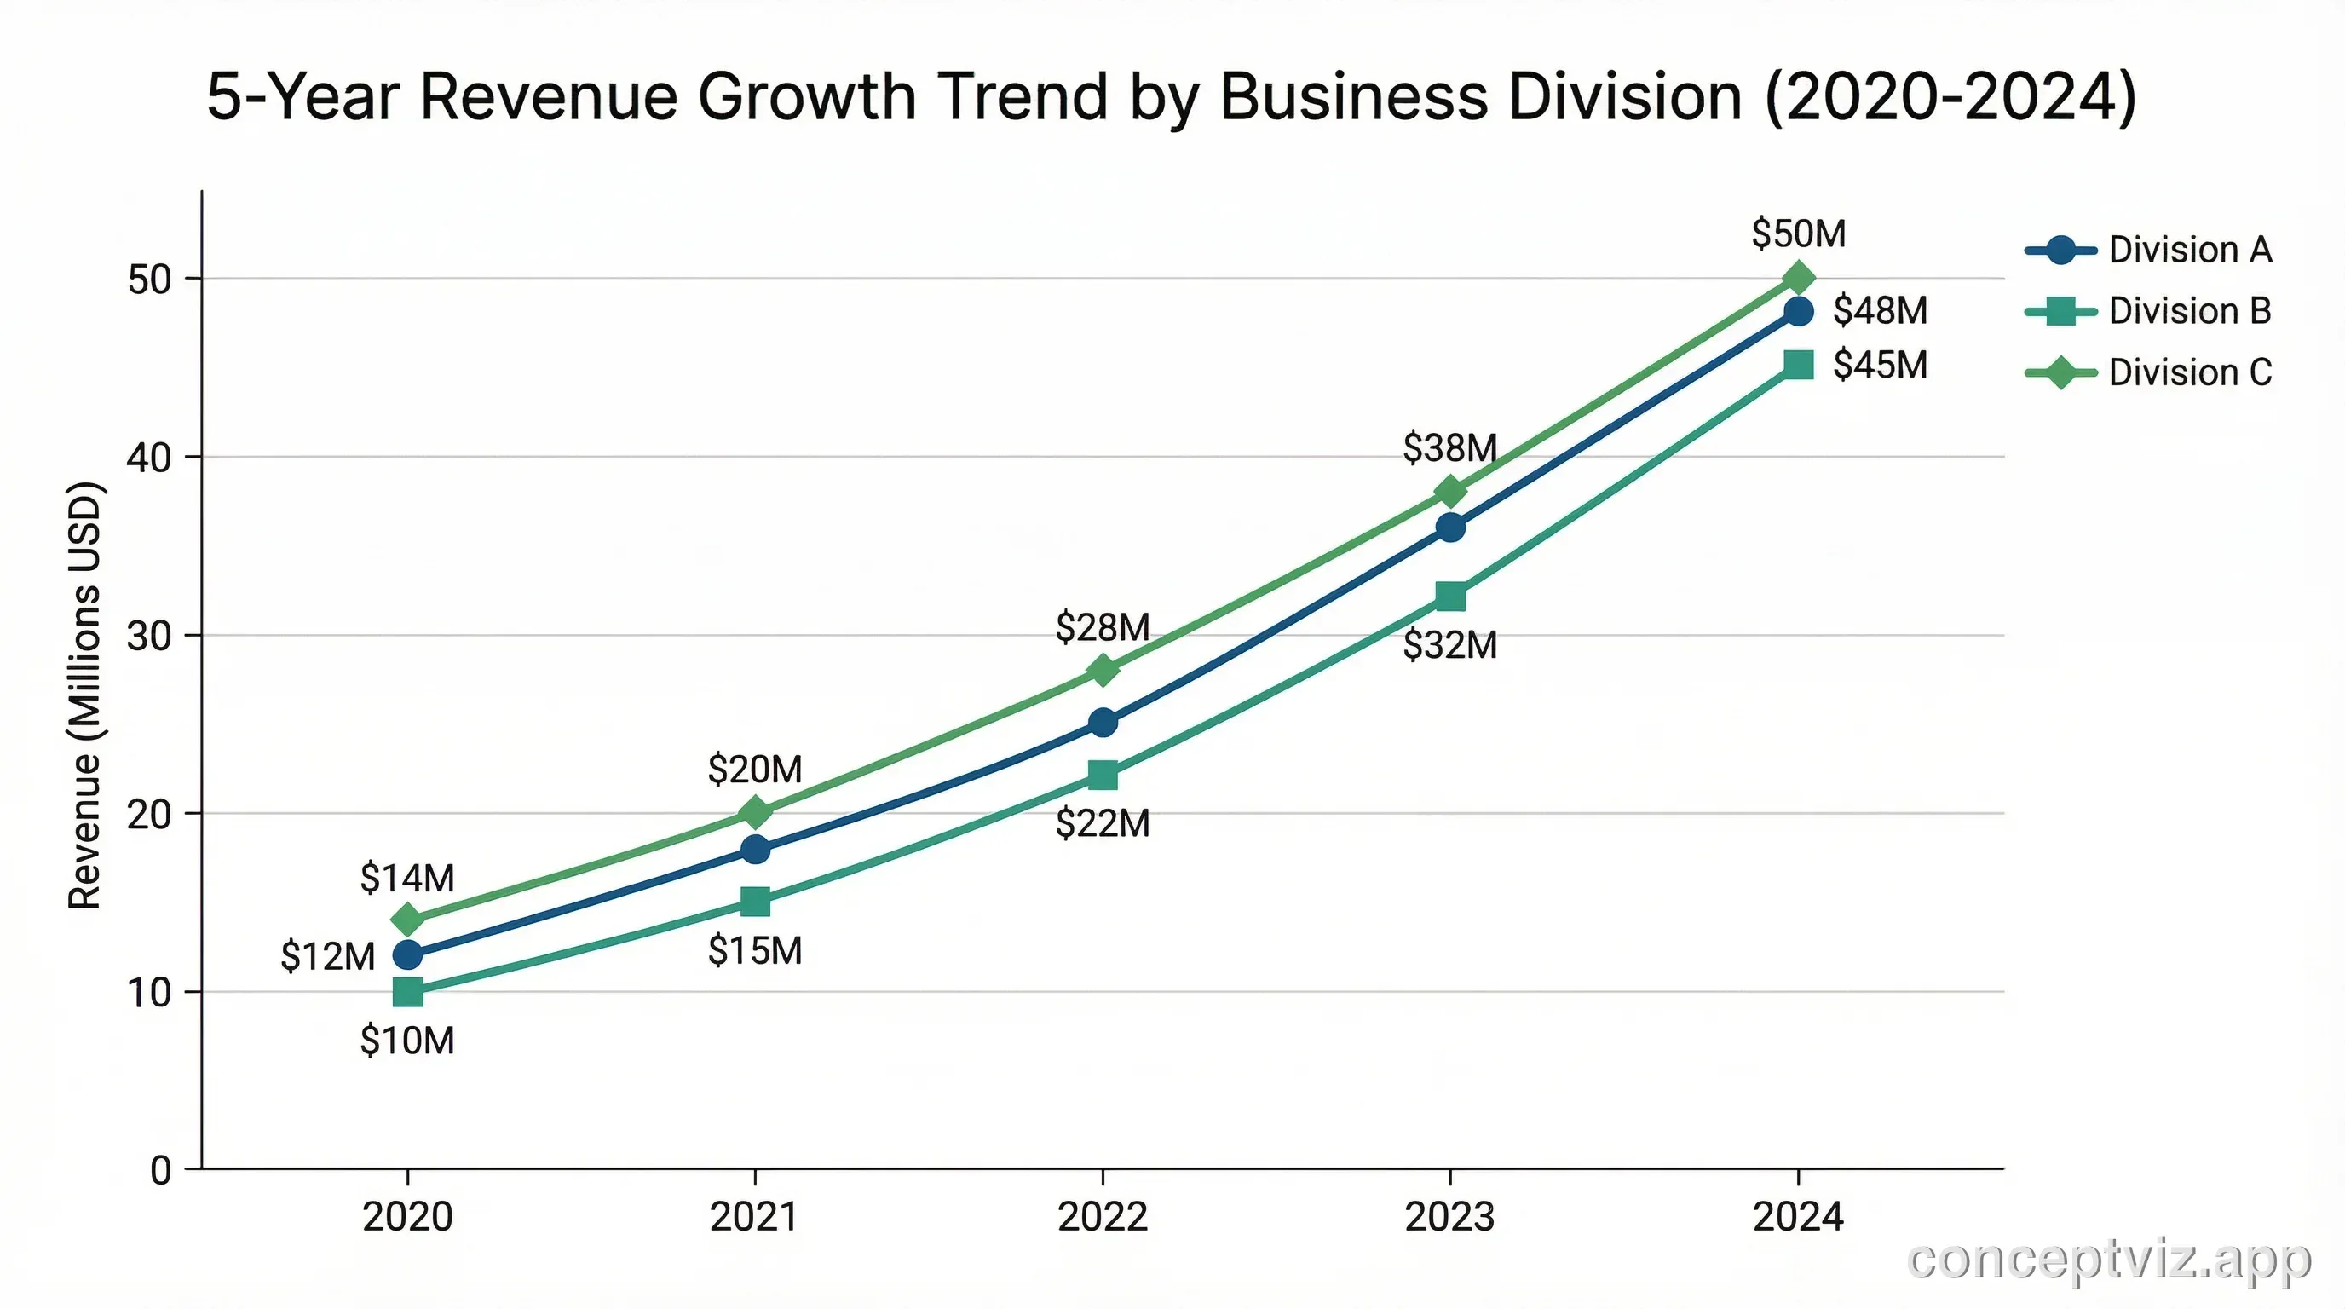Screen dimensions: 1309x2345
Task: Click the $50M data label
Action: (1799, 234)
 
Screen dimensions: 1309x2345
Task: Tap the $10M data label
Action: (407, 1041)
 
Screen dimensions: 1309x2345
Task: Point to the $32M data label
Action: (1450, 645)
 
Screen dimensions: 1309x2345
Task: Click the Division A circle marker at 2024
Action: (1799, 311)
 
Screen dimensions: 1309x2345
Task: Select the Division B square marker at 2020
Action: (408, 992)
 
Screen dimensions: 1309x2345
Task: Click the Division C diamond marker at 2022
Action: (1103, 671)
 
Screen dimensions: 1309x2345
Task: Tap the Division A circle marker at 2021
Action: (755, 851)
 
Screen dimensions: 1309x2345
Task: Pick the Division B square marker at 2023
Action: (1450, 597)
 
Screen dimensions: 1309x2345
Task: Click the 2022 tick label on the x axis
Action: (1103, 1217)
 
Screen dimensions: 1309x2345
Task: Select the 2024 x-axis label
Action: (1798, 1217)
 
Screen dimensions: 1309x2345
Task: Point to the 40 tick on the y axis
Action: (149, 458)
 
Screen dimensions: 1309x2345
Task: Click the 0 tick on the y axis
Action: (161, 1171)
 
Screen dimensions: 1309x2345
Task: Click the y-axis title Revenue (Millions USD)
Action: (84, 695)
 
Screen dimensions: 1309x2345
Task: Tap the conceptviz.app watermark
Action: (2109, 1260)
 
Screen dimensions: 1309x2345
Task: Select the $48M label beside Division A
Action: (1880, 310)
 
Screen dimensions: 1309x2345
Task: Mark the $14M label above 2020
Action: (407, 879)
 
